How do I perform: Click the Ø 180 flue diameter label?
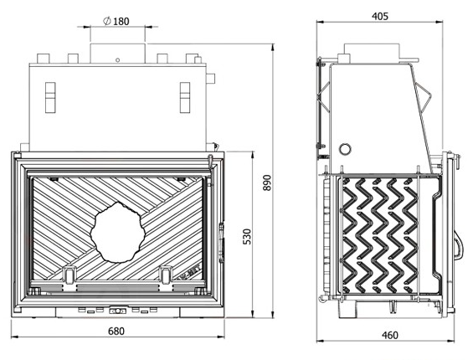click(116, 22)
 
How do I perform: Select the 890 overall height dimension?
click(267, 183)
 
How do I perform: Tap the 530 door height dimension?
click(247, 237)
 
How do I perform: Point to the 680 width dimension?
click(116, 332)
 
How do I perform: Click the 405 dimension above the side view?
click(380, 16)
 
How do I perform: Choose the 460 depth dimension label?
click(390, 335)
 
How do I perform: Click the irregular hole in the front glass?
click(118, 232)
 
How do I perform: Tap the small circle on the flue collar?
click(118, 60)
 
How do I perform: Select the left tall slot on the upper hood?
click(50, 97)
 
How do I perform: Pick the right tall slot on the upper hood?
click(185, 97)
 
